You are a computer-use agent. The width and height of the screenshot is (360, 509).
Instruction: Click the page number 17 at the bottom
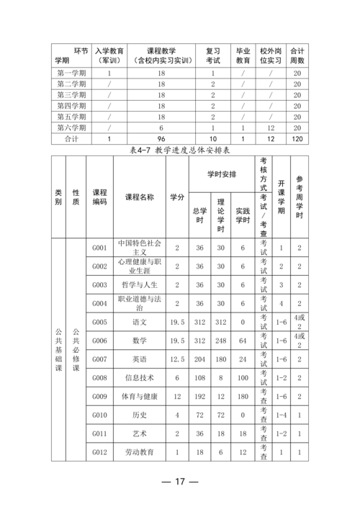point(180,481)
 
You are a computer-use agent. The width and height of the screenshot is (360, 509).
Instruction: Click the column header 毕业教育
point(243,56)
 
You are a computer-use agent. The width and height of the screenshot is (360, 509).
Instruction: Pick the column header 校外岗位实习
point(271,56)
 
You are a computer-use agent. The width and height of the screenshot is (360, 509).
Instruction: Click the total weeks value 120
point(297,138)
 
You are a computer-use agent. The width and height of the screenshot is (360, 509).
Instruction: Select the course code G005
point(99,322)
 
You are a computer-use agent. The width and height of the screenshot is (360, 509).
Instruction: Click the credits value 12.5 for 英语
point(176,359)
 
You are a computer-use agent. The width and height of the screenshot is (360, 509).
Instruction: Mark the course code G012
point(99,453)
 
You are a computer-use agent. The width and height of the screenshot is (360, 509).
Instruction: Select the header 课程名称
point(139,197)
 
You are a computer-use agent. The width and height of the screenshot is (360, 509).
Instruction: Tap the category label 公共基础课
point(59,350)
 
